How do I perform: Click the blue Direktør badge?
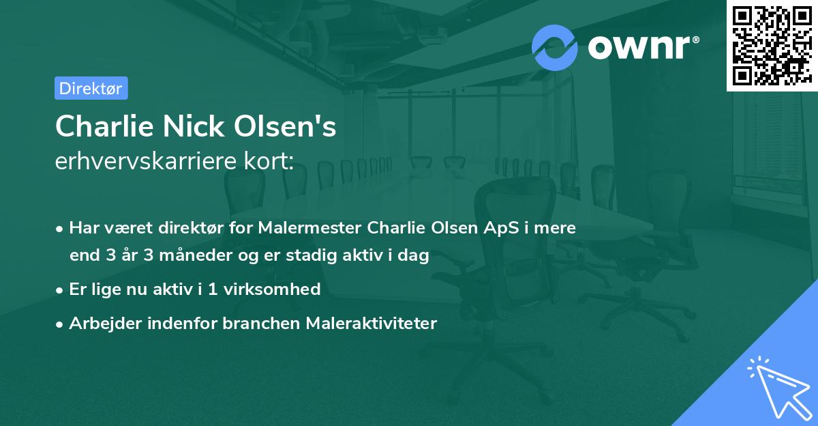[91, 88]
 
